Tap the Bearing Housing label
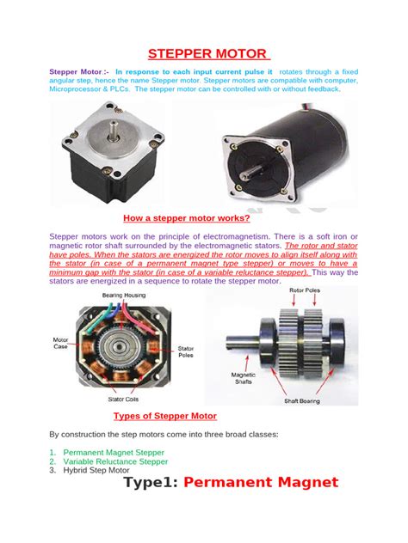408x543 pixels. (x=124, y=295)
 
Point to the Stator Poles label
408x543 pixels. (x=185, y=352)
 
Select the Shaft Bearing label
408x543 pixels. (x=306, y=400)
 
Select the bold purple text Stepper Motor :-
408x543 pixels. (x=79, y=71)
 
